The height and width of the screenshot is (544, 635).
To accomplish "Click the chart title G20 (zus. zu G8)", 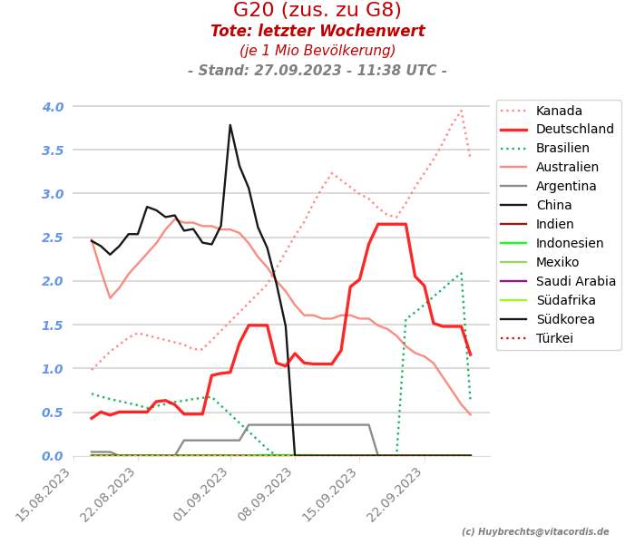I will (x=317, y=11).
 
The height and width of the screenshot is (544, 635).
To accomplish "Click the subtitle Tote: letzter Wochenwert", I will (x=317, y=32).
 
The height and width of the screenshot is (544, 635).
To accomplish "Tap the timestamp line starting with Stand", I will (x=317, y=71).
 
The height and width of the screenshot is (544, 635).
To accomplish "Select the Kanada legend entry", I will (x=559, y=112).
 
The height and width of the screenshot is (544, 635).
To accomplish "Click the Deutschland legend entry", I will (x=575, y=130).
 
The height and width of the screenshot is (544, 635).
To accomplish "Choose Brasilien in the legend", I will (x=562, y=149).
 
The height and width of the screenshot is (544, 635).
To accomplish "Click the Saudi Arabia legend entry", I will (x=576, y=282).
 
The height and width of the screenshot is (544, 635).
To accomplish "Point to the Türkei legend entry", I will (x=554, y=339).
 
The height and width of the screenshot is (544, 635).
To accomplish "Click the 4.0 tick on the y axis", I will (x=53, y=107).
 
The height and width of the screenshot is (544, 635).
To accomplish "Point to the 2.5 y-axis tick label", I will (x=53, y=238).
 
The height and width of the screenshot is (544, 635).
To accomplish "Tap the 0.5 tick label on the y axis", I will (x=53, y=413).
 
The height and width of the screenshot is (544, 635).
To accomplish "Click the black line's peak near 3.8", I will (x=230, y=125).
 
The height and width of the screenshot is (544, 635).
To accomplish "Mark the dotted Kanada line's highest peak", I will (x=461, y=110).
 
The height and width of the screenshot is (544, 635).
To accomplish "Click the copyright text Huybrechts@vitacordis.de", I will (x=535, y=532).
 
